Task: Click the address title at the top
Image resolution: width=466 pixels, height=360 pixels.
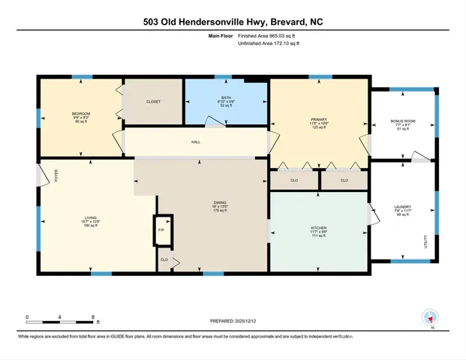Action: (233, 22)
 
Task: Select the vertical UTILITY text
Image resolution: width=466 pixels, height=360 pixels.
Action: (425, 241)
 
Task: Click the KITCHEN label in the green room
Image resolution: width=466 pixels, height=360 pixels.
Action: (319, 228)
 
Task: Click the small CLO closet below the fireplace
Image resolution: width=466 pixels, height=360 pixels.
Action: (164, 260)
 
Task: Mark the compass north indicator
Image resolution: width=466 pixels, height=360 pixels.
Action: (431, 317)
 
